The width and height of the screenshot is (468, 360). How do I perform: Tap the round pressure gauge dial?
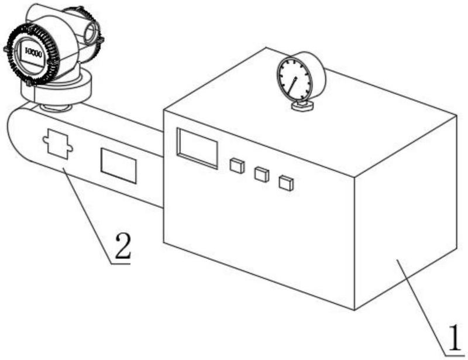[x=295, y=78]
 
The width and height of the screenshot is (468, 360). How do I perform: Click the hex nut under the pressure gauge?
[x=302, y=106]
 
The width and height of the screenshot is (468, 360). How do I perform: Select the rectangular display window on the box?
[x=197, y=148]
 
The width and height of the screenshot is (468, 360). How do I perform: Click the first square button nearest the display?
[x=236, y=166]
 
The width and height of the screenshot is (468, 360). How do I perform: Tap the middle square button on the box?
[x=261, y=174]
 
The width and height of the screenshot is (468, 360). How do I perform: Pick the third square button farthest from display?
[x=285, y=183]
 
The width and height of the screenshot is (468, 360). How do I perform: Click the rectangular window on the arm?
[x=118, y=165]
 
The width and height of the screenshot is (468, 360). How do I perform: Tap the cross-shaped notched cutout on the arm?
[x=57, y=144]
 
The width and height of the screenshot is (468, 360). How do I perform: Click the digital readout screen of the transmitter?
[x=33, y=54]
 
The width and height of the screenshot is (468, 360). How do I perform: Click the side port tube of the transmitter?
[x=91, y=32]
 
